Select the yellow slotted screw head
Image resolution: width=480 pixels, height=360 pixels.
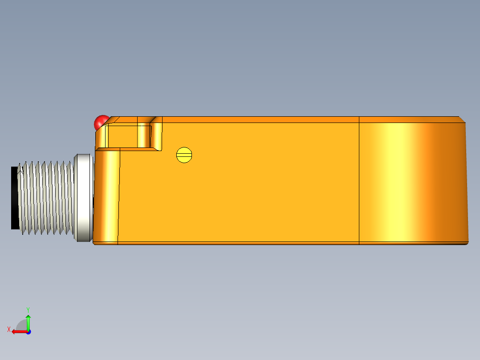tap(184, 155)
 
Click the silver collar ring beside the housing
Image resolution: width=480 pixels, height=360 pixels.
tap(83, 197)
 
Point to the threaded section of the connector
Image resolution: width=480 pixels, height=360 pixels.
tap(47, 197)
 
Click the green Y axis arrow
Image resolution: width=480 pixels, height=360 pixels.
tap(28, 323)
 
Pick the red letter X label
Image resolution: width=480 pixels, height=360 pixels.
tap(9, 330)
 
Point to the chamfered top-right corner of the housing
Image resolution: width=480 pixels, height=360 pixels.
tap(463, 119)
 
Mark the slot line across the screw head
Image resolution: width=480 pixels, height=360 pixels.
tap(184, 155)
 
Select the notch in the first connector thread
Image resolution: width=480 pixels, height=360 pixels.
tap(20, 169)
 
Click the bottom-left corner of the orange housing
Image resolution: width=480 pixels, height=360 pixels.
tap(94, 243)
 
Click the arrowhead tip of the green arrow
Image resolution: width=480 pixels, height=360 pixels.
tap(28, 316)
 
